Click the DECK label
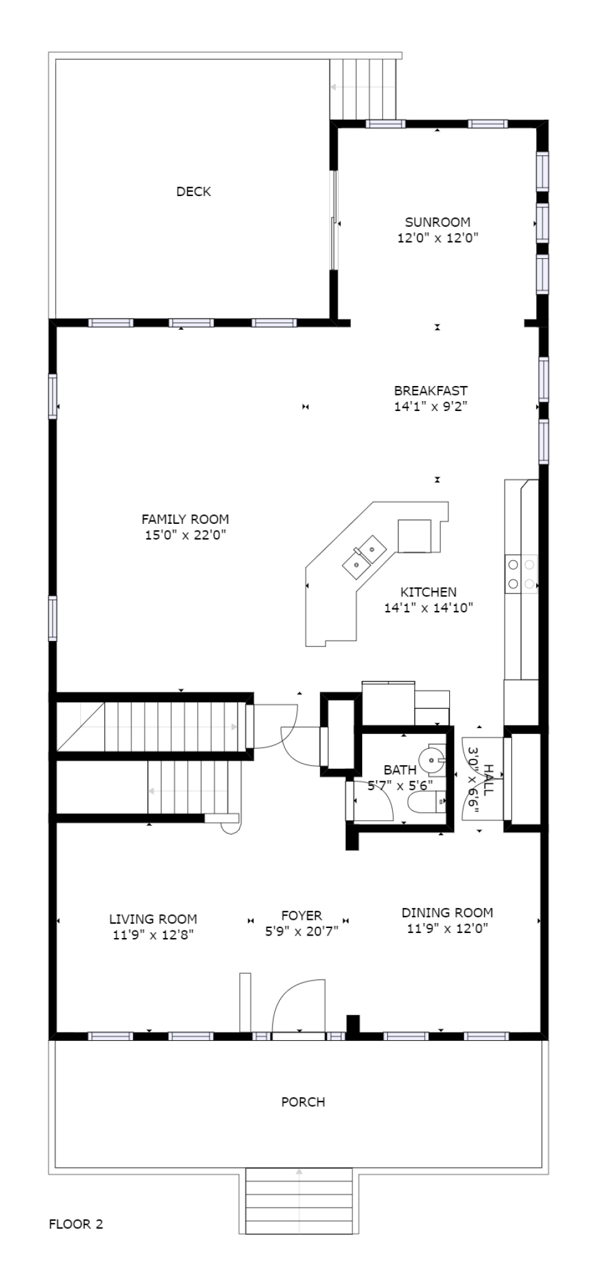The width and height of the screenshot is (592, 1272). tap(194, 192)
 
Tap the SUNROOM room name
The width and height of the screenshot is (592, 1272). tap(437, 222)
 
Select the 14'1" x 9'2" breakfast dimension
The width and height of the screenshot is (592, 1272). tap(430, 406)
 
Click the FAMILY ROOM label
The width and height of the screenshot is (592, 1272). tap(185, 519)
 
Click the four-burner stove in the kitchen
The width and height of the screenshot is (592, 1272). tap(521, 574)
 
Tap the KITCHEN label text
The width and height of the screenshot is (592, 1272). tap(428, 592)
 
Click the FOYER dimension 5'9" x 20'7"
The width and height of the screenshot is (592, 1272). tap(301, 931)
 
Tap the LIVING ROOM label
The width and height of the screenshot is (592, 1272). tap(153, 919)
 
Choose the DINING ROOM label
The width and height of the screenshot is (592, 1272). tap(447, 912)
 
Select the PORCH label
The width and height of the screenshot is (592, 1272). tap(303, 1101)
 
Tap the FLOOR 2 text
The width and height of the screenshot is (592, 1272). tap(76, 1223)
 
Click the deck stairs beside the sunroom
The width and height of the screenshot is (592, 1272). tap(364, 88)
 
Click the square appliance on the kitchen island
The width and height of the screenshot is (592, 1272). tap(414, 536)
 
